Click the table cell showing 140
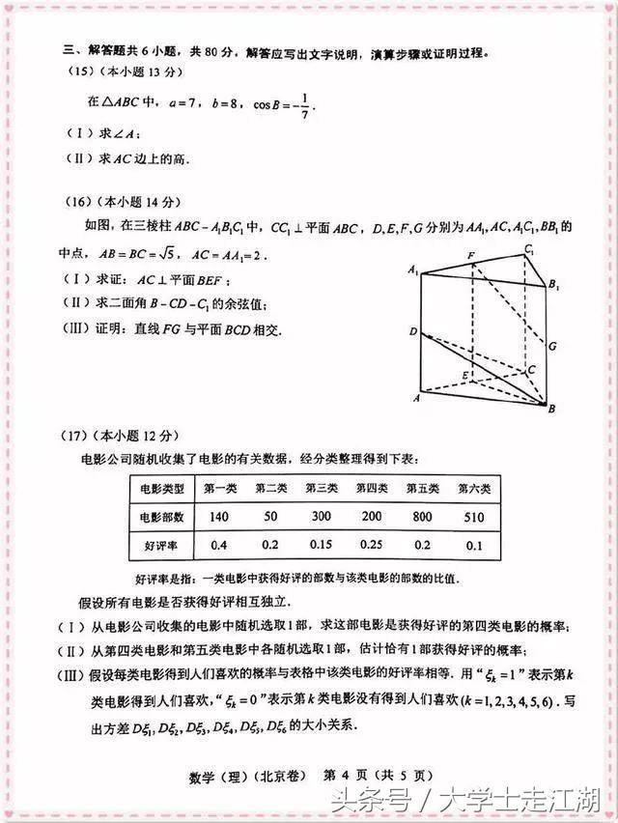219,517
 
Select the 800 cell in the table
422,517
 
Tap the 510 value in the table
474,517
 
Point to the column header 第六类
474,488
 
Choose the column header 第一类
219,488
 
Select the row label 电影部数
160,517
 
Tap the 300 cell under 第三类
321,517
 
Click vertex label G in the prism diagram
552,345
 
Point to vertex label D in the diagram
412,331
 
